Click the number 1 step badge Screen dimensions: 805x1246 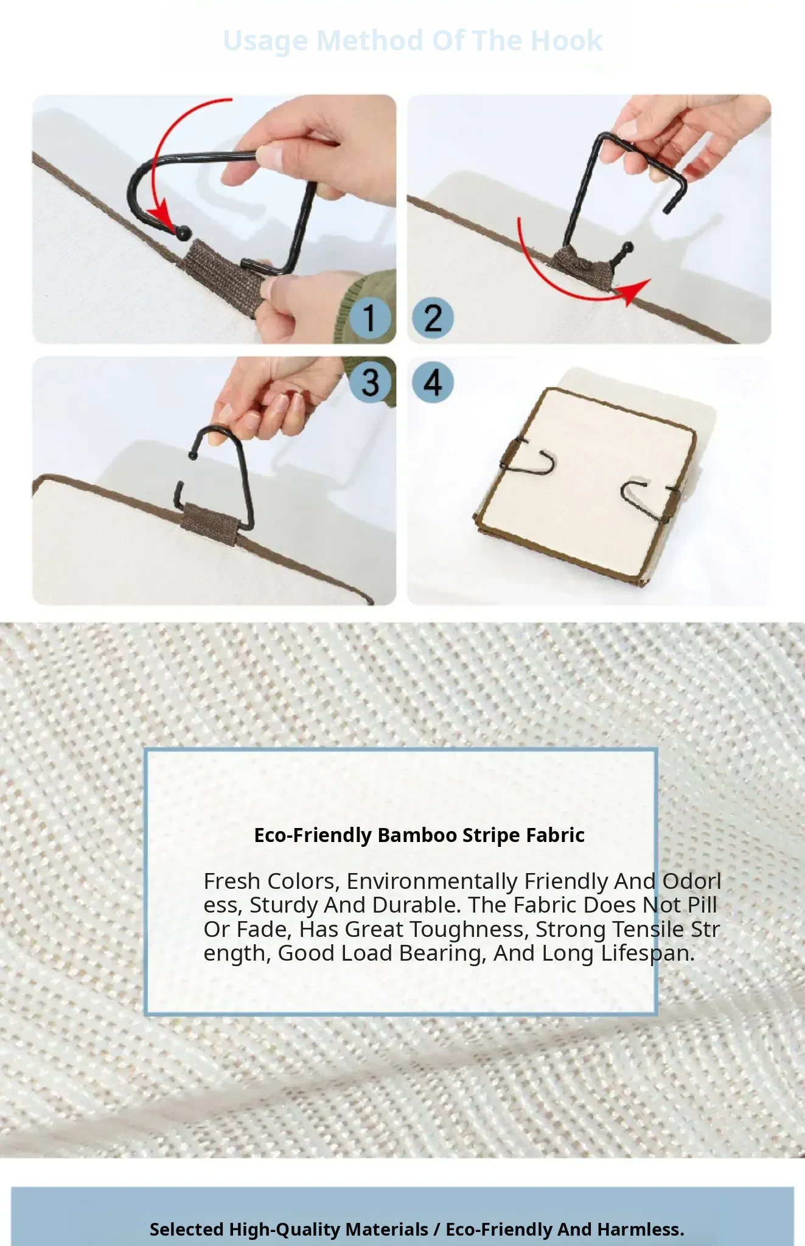click(x=369, y=318)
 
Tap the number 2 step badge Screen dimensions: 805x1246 click(x=433, y=318)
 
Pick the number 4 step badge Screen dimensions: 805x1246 click(x=433, y=382)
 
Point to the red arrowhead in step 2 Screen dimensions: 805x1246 click(x=634, y=291)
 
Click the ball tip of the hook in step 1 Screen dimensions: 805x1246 click(x=183, y=231)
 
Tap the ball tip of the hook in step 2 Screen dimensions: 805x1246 click(x=627, y=248)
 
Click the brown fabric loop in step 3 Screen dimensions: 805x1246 click(x=206, y=518)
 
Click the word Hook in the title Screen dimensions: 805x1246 click(x=566, y=41)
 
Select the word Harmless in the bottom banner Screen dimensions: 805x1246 click(x=641, y=1229)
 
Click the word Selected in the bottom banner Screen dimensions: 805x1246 click(x=187, y=1229)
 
